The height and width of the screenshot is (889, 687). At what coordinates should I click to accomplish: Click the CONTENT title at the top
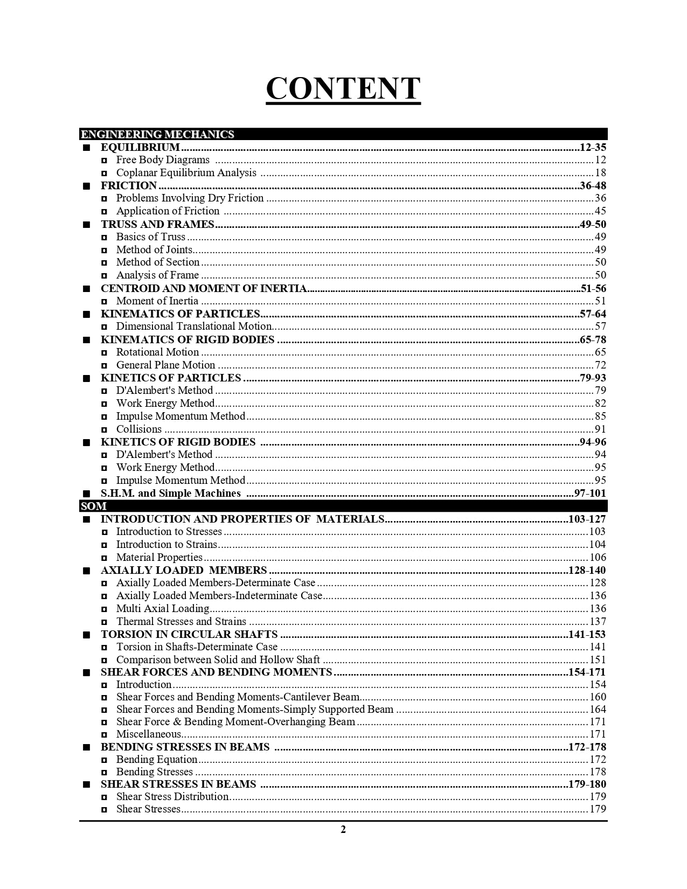pyautogui.click(x=343, y=88)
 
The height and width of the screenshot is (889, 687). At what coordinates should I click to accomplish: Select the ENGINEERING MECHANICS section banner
pyautogui.click(x=157, y=134)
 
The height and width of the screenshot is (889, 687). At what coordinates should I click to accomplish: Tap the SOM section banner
pyautogui.click(x=93, y=506)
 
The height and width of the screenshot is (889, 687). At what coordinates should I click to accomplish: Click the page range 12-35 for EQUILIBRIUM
pyautogui.click(x=593, y=147)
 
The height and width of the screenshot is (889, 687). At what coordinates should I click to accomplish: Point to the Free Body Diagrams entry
pyautogui.click(x=163, y=160)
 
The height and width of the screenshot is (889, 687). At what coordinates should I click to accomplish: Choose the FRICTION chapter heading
pyautogui.click(x=128, y=185)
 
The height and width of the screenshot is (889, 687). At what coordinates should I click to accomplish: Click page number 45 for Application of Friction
pyautogui.click(x=600, y=211)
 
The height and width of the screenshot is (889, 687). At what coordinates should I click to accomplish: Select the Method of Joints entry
pyautogui.click(x=154, y=249)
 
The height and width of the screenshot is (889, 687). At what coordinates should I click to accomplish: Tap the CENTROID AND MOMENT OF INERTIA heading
pyautogui.click(x=204, y=288)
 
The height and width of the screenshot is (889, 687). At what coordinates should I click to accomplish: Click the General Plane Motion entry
pyautogui.click(x=165, y=365)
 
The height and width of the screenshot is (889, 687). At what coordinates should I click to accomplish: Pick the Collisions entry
pyautogui.click(x=139, y=429)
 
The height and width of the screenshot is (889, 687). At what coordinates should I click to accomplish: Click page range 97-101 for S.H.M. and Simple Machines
pyautogui.click(x=589, y=493)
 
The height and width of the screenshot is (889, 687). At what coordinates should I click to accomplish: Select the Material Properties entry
pyautogui.click(x=159, y=557)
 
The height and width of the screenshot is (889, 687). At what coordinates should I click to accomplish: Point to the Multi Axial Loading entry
pyautogui.click(x=162, y=608)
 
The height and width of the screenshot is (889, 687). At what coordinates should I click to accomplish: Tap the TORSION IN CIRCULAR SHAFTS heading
pyautogui.click(x=189, y=634)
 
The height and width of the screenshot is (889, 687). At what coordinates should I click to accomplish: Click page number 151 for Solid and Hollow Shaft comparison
pyautogui.click(x=598, y=659)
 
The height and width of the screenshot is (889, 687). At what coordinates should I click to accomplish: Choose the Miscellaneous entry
pyautogui.click(x=148, y=734)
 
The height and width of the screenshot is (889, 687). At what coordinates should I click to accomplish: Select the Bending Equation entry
pyautogui.click(x=157, y=759)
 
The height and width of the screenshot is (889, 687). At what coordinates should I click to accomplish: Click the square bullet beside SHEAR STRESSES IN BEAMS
pyautogui.click(x=86, y=784)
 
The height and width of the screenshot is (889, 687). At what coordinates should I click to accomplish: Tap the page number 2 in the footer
pyautogui.click(x=343, y=829)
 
